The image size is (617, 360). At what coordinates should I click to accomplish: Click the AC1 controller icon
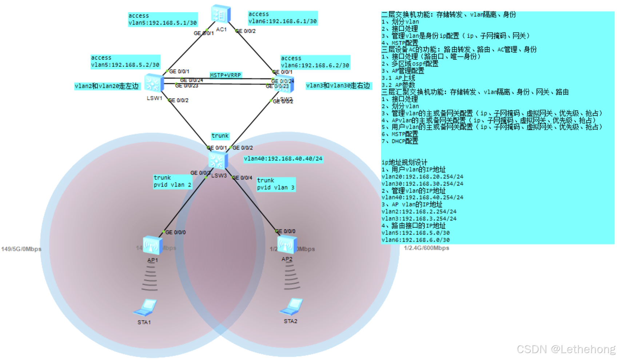point(220,15)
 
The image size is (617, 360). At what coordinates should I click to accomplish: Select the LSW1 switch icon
point(154,83)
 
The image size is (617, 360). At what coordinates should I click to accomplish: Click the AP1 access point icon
point(152,245)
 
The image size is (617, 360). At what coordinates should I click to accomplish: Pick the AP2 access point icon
point(287,244)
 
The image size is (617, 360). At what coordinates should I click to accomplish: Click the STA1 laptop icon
point(146,307)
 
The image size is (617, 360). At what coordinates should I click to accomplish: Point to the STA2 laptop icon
point(291,306)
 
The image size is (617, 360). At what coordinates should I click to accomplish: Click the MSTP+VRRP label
point(226,75)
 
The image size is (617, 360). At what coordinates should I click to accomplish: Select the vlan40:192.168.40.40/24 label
point(283,159)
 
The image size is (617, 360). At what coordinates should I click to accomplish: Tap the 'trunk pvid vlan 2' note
point(172,181)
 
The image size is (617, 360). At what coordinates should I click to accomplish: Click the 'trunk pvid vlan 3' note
point(276,184)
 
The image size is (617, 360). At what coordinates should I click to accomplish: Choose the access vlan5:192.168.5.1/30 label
point(162,19)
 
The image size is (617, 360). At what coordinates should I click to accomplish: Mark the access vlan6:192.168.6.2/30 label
point(315,62)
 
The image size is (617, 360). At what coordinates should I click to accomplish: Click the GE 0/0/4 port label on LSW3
point(242,178)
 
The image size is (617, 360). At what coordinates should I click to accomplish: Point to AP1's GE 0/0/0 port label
point(175,232)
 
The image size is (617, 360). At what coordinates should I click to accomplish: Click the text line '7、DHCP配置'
point(400,141)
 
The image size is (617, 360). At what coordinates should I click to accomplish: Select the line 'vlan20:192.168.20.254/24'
point(422,177)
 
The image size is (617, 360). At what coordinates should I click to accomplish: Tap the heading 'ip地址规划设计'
point(405,162)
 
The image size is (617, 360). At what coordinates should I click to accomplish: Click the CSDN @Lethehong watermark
point(566,349)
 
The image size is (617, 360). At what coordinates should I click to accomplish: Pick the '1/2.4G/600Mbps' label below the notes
point(426,248)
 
